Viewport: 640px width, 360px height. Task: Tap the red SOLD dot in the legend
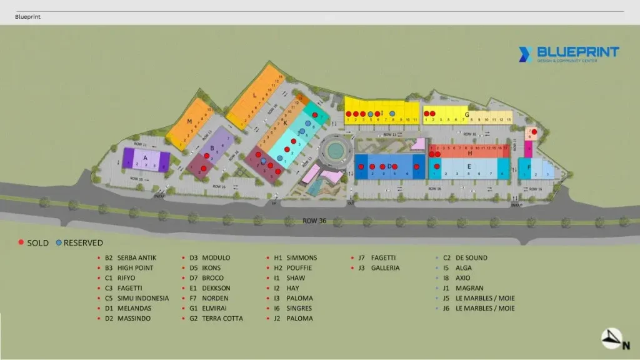[x=21, y=242]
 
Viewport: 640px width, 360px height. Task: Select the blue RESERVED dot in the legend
[x=58, y=242]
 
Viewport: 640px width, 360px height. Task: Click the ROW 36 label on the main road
[x=314, y=220]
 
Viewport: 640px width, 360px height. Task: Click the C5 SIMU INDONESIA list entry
[x=137, y=298]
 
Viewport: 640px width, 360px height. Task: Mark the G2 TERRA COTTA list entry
[x=216, y=318]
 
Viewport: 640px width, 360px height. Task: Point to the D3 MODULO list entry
[x=210, y=257]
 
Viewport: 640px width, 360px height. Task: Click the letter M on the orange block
[x=189, y=121]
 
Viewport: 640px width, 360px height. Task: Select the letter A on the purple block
[x=145, y=159]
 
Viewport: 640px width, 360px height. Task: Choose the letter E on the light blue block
[x=469, y=166]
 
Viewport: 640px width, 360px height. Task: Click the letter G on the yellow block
[x=466, y=114]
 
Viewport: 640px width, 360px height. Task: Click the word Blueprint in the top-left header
[x=27, y=17]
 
